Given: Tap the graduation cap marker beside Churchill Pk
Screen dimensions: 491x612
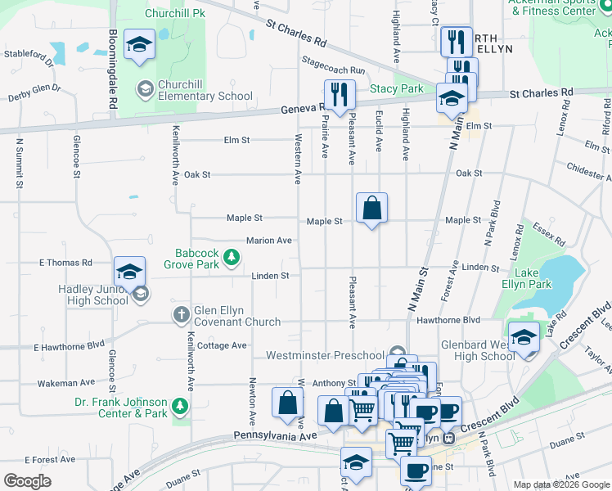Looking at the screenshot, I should pos(140,46).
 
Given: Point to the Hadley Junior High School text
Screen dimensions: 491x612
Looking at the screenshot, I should pos(93,295).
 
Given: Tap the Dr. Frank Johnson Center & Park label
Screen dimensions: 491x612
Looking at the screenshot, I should pos(120,408).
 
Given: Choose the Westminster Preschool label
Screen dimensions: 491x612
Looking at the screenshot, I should pos(325,356).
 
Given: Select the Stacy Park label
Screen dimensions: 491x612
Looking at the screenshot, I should pos(397,88).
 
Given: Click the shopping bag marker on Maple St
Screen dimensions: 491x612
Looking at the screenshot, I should pos(371,209).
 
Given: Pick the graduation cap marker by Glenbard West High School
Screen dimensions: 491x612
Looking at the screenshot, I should pos(524,337).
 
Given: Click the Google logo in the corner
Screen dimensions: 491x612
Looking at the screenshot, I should pos(28,481).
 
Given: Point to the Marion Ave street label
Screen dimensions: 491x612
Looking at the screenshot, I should pos(269,241).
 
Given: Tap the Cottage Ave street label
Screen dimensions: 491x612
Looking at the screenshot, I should pos(222,346).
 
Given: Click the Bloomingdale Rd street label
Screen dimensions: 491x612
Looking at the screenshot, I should pos(112,70).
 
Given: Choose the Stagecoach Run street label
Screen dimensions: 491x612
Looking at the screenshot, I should pos(333,71).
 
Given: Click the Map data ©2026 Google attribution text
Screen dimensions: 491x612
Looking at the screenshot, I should pos(560,484).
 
